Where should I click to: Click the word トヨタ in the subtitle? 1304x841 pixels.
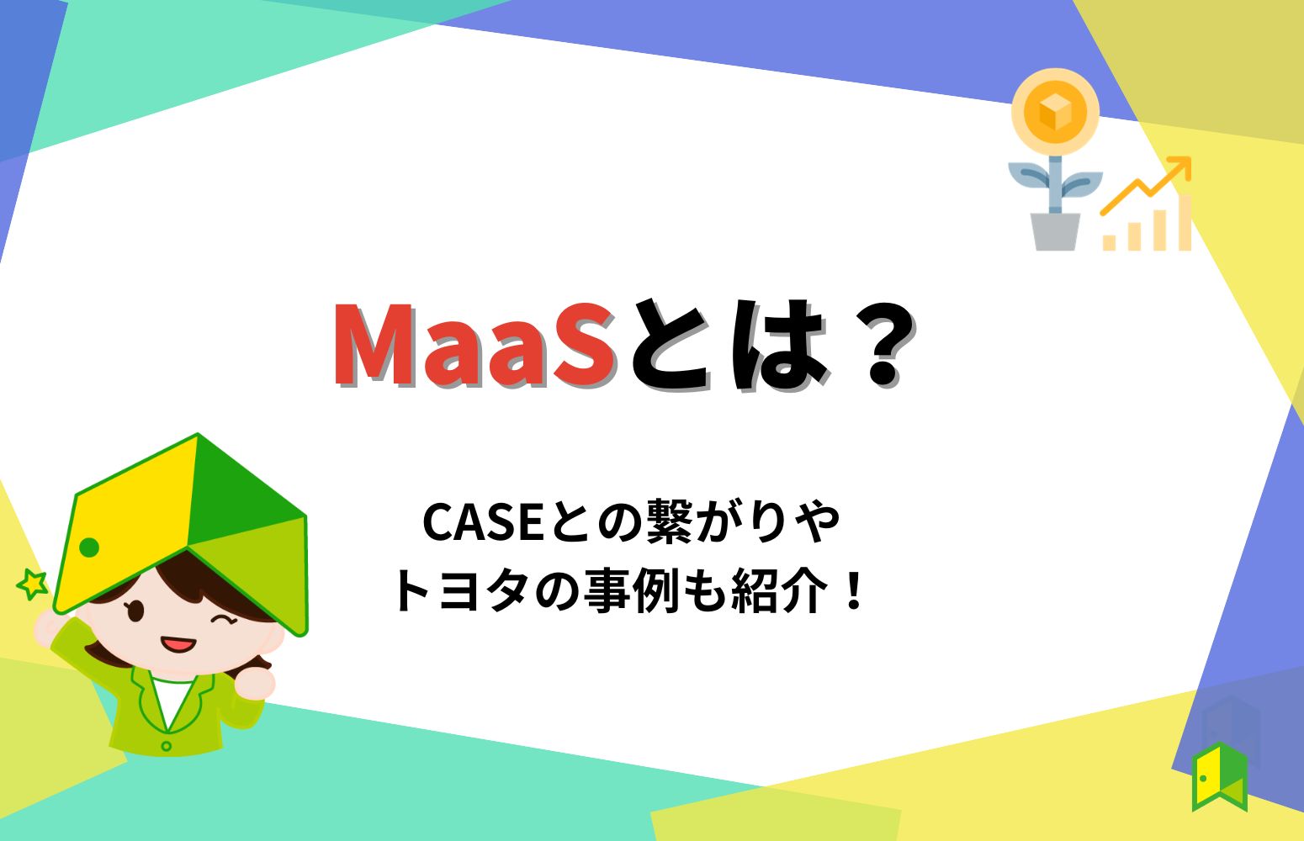(463, 590)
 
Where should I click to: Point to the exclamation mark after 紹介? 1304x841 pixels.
(854, 590)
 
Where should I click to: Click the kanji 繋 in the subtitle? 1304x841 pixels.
(669, 523)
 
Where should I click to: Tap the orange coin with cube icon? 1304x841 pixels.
(1055, 112)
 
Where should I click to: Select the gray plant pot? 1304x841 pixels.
(1055, 231)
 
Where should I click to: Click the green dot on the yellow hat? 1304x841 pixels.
(89, 548)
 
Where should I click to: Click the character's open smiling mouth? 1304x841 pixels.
(178, 646)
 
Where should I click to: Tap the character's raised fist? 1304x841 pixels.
(255, 682)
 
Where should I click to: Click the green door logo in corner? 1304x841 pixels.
(1218, 776)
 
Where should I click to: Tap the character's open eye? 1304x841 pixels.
(135, 611)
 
